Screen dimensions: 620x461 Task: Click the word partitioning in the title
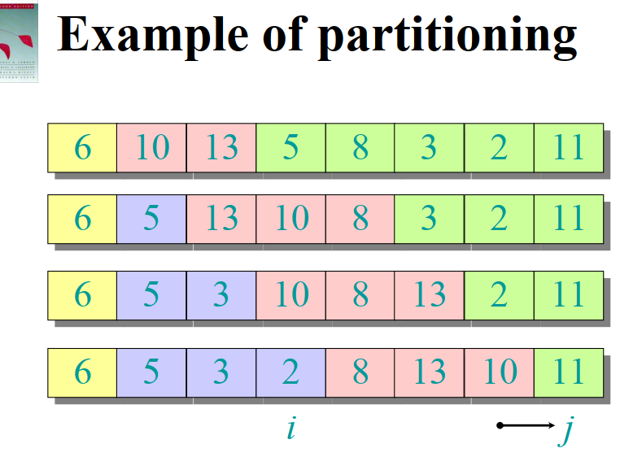click(448, 36)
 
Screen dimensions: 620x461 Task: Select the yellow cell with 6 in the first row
click(82, 147)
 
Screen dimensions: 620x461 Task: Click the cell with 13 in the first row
click(220, 147)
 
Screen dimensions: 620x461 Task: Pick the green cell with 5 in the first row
click(290, 147)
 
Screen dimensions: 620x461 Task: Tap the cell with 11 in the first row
click(568, 147)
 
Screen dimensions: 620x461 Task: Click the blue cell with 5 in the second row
click(151, 219)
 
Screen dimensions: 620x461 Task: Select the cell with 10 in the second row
click(290, 219)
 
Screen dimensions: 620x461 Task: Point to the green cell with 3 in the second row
click(429, 219)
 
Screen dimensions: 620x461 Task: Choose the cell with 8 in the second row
click(360, 219)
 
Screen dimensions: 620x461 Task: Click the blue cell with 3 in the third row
click(220, 294)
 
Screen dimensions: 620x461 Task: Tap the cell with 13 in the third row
click(429, 294)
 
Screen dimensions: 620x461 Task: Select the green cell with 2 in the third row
click(499, 294)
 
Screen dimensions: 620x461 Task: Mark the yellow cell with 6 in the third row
click(82, 294)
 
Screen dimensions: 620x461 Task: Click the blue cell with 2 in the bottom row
click(290, 372)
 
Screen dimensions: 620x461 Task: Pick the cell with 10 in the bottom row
click(499, 372)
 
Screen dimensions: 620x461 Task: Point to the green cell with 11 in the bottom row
click(568, 372)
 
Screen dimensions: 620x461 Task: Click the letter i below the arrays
click(290, 428)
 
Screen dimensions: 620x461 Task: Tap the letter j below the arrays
click(566, 429)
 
